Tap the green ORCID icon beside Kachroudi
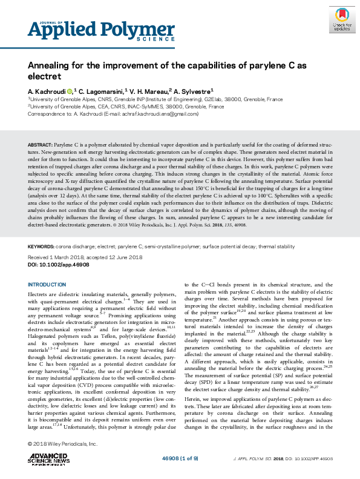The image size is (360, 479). [70, 89]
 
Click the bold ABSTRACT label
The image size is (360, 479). [41, 146]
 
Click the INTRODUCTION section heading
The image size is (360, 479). [48, 284]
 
